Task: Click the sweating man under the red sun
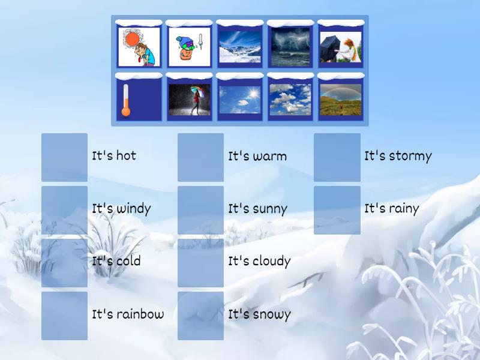tap(139, 47)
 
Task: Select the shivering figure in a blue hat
tap(190, 47)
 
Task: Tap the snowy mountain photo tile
tap(240, 47)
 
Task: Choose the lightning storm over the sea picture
tap(290, 47)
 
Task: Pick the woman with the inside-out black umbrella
tap(341, 47)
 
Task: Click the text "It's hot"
tap(114, 156)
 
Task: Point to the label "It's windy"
tap(121, 209)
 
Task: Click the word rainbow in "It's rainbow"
tap(140, 314)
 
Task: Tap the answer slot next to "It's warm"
tap(200, 157)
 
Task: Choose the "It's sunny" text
tap(257, 209)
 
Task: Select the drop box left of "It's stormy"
tap(337, 157)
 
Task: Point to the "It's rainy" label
tap(391, 209)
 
